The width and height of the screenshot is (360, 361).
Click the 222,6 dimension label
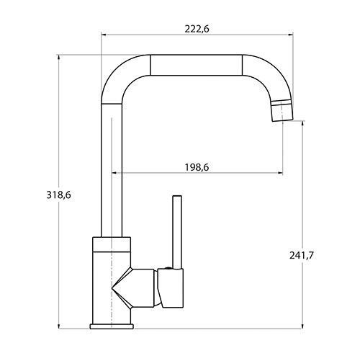[197, 29]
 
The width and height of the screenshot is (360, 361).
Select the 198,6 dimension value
[197, 167]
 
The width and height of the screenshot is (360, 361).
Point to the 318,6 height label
[59, 195]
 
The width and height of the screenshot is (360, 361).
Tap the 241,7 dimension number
[302, 255]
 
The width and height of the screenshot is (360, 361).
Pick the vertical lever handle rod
[177, 232]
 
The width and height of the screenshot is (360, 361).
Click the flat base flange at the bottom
[112, 326]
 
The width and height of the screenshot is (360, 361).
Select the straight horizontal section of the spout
[196, 65]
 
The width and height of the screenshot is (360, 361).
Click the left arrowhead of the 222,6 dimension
[104, 35]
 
